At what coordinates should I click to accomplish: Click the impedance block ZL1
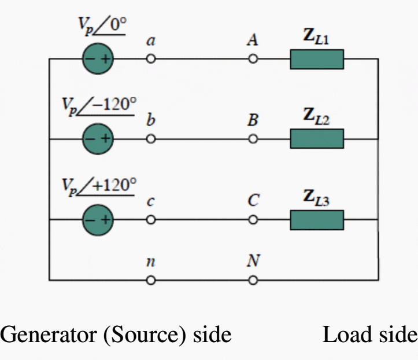click(x=317, y=59)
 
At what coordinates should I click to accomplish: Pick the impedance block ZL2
click(x=317, y=139)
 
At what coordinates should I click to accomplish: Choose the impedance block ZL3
click(x=317, y=220)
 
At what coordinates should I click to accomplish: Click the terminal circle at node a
click(x=151, y=59)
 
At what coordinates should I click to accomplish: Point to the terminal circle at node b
click(x=151, y=139)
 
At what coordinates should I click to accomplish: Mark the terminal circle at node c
click(x=151, y=220)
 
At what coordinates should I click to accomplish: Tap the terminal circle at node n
click(x=151, y=281)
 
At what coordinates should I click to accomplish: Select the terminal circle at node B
click(x=253, y=139)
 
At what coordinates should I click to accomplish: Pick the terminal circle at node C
click(x=253, y=220)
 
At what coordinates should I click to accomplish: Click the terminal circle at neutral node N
click(x=253, y=281)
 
